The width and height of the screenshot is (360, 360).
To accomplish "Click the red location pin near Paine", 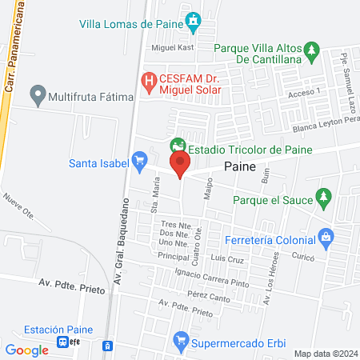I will [180, 166].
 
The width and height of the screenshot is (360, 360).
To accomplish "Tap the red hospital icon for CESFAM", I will [148, 80].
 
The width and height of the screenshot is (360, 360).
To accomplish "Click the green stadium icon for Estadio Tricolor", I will [178, 146].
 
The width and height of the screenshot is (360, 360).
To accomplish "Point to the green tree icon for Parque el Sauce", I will [324, 196].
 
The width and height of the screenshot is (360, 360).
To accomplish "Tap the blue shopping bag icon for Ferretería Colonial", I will [326, 237].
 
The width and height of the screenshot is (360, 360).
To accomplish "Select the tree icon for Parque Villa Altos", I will [314, 52].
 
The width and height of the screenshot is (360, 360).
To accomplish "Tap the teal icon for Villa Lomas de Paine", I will [192, 20].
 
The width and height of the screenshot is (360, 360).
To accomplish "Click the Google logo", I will [26, 350].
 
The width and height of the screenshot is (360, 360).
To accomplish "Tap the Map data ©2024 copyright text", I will [324, 354].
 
